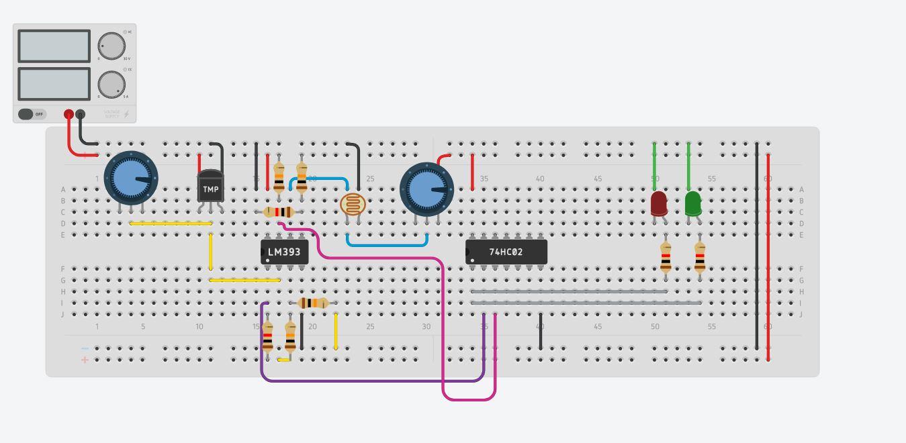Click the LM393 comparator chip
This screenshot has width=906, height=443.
pyautogui.click(x=284, y=252)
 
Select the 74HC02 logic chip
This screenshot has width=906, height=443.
pyautogui.click(x=506, y=252)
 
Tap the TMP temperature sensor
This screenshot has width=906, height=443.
pyautogui.click(x=210, y=188)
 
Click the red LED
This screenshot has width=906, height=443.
pyautogui.click(x=658, y=203)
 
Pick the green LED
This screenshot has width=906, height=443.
pyautogui.click(x=692, y=203)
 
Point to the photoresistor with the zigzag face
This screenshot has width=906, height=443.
pyautogui.click(x=353, y=204)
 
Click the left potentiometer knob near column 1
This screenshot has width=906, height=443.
pyautogui.click(x=131, y=178)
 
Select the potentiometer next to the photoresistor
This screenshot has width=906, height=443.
pyautogui.click(x=426, y=189)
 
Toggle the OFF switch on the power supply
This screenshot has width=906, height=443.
pyautogui.click(x=31, y=114)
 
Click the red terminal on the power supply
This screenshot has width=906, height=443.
pyautogui.click(x=69, y=114)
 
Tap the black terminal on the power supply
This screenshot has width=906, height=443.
pyautogui.click(x=81, y=114)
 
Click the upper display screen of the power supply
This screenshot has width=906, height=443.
pyautogui.click(x=54, y=46)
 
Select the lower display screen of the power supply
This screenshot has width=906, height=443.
pyautogui.click(x=54, y=84)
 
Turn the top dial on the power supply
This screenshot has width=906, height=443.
pyautogui.click(x=111, y=46)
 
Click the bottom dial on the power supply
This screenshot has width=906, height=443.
pyautogui.click(x=111, y=85)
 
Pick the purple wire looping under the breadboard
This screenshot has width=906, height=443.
pyautogui.click(x=369, y=381)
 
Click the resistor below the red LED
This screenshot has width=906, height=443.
pyautogui.click(x=666, y=256)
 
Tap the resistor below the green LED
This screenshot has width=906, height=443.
pyautogui.click(x=700, y=256)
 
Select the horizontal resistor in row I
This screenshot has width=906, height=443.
pyautogui.click(x=312, y=303)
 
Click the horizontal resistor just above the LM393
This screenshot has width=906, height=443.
pyautogui.click(x=279, y=212)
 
